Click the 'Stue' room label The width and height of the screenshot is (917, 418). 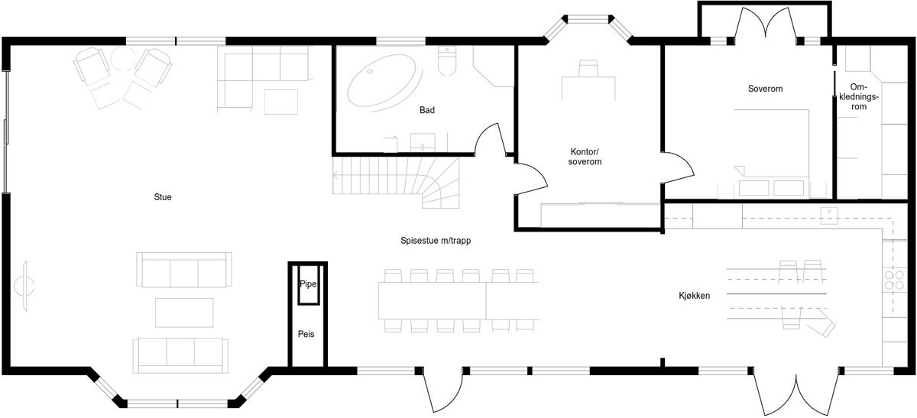pos(162,197)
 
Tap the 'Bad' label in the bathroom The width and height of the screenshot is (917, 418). pos(427,110)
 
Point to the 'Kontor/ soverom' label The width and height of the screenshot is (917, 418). pos(585,157)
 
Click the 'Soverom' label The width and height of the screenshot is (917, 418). pos(765,89)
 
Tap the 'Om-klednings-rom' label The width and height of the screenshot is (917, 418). pos(858,97)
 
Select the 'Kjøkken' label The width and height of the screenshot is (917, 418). pos(695,296)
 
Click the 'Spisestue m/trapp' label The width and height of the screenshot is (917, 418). pos(435,240)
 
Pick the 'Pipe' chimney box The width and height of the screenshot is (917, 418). pos(308,284)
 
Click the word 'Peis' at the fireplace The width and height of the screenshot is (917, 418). pos(306,334)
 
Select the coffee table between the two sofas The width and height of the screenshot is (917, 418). pos(184,312)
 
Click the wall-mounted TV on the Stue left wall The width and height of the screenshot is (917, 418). pos(23,285)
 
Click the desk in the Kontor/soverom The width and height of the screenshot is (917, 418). pos(588,87)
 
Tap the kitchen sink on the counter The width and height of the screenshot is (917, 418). pos(831,215)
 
